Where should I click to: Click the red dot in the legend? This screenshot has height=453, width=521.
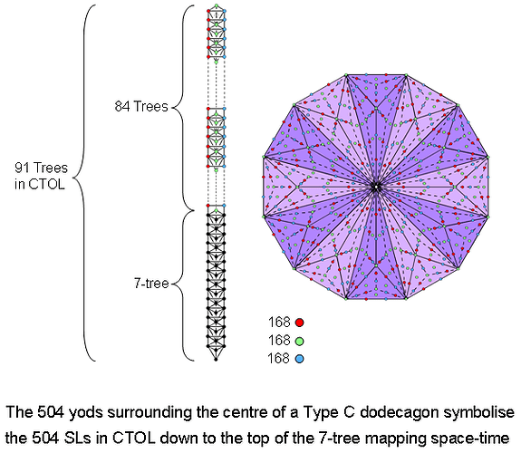point(299,322)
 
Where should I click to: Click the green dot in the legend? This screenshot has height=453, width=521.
point(299,340)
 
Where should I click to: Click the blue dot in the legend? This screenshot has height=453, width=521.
point(299,359)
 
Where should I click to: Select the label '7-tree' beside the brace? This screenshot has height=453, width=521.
point(150,284)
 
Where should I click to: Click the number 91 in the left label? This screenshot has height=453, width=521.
point(25,168)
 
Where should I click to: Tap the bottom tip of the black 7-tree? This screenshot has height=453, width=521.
point(216,359)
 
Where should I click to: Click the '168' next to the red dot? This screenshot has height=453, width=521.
point(278,322)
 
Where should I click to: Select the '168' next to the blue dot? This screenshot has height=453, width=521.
point(278,359)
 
